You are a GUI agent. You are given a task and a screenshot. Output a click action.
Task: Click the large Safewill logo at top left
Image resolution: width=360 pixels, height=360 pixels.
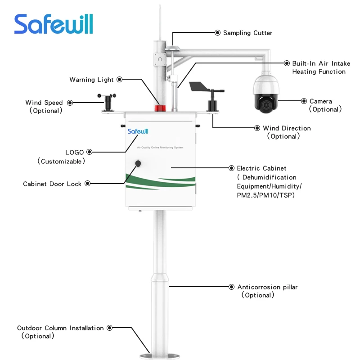tap(54, 24)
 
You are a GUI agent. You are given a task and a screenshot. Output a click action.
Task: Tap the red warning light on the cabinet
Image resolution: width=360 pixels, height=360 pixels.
tap(160, 108)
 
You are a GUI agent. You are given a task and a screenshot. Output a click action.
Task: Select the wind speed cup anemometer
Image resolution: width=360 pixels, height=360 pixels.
tap(107, 102)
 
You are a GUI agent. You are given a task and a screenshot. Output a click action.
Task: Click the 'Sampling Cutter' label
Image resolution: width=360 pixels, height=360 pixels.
tap(247, 33)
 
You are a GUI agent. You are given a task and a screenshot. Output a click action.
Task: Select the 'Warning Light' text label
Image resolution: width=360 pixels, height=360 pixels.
tap(91, 80)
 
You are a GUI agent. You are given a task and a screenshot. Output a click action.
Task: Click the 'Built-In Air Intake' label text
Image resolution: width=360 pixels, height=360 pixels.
tap(321, 64)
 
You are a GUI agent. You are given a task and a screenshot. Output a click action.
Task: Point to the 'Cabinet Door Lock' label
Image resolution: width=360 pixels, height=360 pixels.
tap(52, 184)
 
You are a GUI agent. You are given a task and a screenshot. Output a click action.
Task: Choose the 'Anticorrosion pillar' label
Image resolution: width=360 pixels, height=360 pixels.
tap(267, 287)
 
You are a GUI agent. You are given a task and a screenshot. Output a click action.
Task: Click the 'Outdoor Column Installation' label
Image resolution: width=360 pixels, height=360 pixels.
tap(60, 328)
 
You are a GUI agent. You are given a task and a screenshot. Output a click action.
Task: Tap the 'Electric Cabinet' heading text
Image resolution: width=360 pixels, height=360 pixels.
tap(261, 168)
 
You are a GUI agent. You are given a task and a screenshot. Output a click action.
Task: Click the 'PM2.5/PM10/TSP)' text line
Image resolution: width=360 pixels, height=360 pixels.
tap(265, 195)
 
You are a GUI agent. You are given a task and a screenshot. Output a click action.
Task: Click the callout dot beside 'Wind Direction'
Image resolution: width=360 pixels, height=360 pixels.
tap(257, 128)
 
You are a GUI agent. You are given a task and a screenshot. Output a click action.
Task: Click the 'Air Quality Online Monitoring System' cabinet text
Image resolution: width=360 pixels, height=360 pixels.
tap(161, 148)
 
